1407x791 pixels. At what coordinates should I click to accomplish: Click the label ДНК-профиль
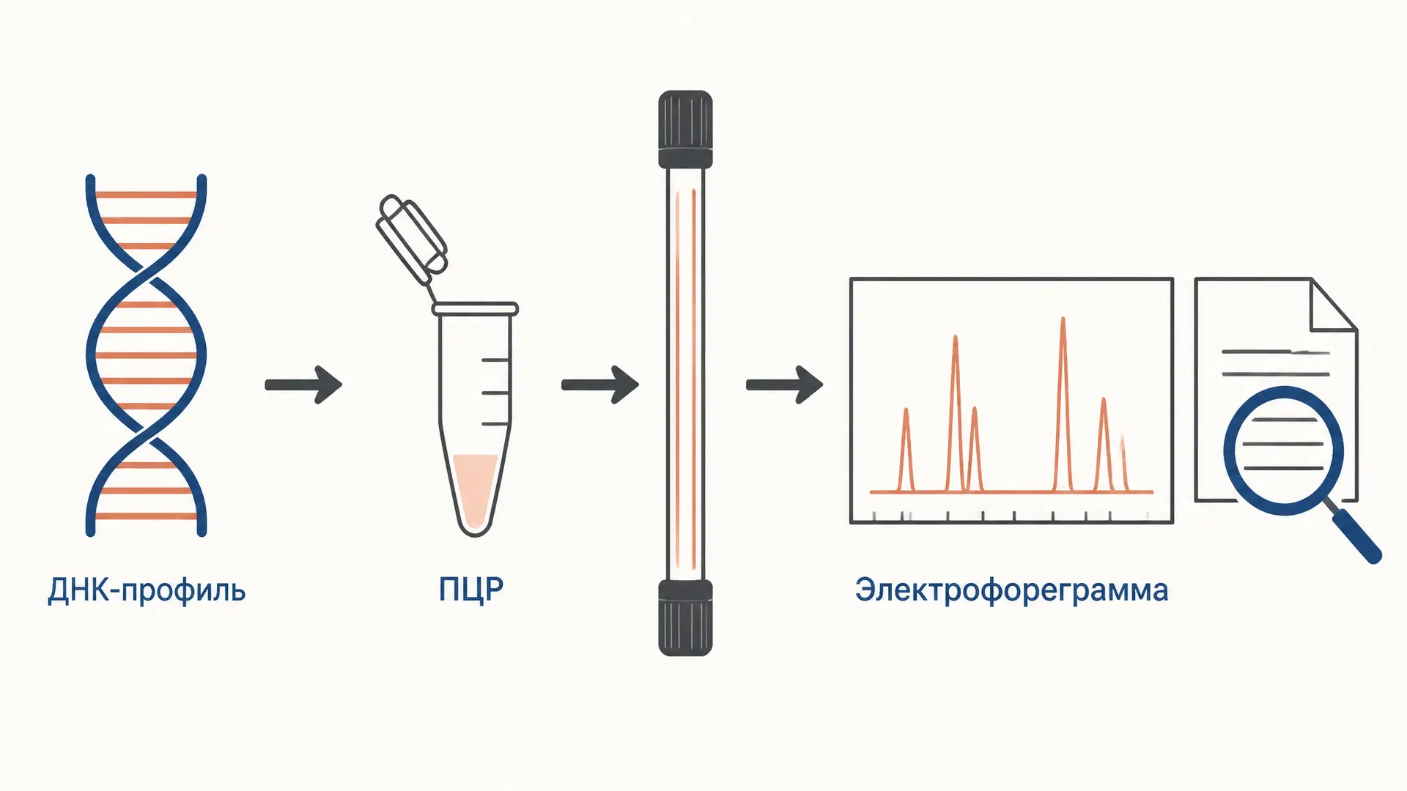coord(147,590)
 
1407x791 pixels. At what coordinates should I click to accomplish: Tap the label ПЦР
coord(471,590)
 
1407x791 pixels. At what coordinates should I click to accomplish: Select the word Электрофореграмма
coord(1011,590)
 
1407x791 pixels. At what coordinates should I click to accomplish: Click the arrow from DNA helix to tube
coord(303,385)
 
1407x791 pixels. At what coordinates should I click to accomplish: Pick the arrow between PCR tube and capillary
coord(600,385)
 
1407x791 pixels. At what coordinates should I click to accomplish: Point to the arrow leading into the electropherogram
coord(785,385)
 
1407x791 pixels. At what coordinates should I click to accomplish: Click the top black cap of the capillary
coord(685,130)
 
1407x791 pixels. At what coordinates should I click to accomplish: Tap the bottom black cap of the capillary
coord(685,617)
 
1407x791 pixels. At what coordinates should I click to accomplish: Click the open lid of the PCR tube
coord(412,239)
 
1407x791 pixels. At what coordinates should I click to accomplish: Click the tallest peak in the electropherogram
coord(1063,404)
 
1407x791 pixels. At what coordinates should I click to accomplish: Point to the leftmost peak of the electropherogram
coord(906,449)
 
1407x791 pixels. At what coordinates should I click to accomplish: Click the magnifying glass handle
coord(1356,536)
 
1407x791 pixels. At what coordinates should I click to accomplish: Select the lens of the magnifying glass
coord(1283,450)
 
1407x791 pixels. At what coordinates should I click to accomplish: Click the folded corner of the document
coord(1334,305)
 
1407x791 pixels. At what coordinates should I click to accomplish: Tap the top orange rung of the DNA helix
coord(146,195)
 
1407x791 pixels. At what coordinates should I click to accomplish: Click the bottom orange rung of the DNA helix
coord(146,516)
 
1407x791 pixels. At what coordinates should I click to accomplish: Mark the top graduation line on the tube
coord(495,360)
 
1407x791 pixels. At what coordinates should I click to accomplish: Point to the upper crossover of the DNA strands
coord(146,275)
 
